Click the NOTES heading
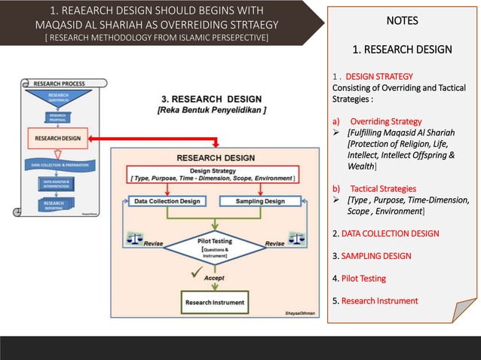click(x=401, y=20)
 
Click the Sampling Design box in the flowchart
click(x=260, y=201)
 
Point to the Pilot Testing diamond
click(x=215, y=246)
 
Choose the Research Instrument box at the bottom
click(x=215, y=303)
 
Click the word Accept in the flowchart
click(x=215, y=277)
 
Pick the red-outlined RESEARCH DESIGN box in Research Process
click(x=57, y=138)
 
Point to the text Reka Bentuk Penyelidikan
click(x=212, y=110)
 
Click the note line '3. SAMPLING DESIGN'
click(x=372, y=256)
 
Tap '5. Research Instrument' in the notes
click(x=375, y=301)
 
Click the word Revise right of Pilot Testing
click(x=274, y=244)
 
